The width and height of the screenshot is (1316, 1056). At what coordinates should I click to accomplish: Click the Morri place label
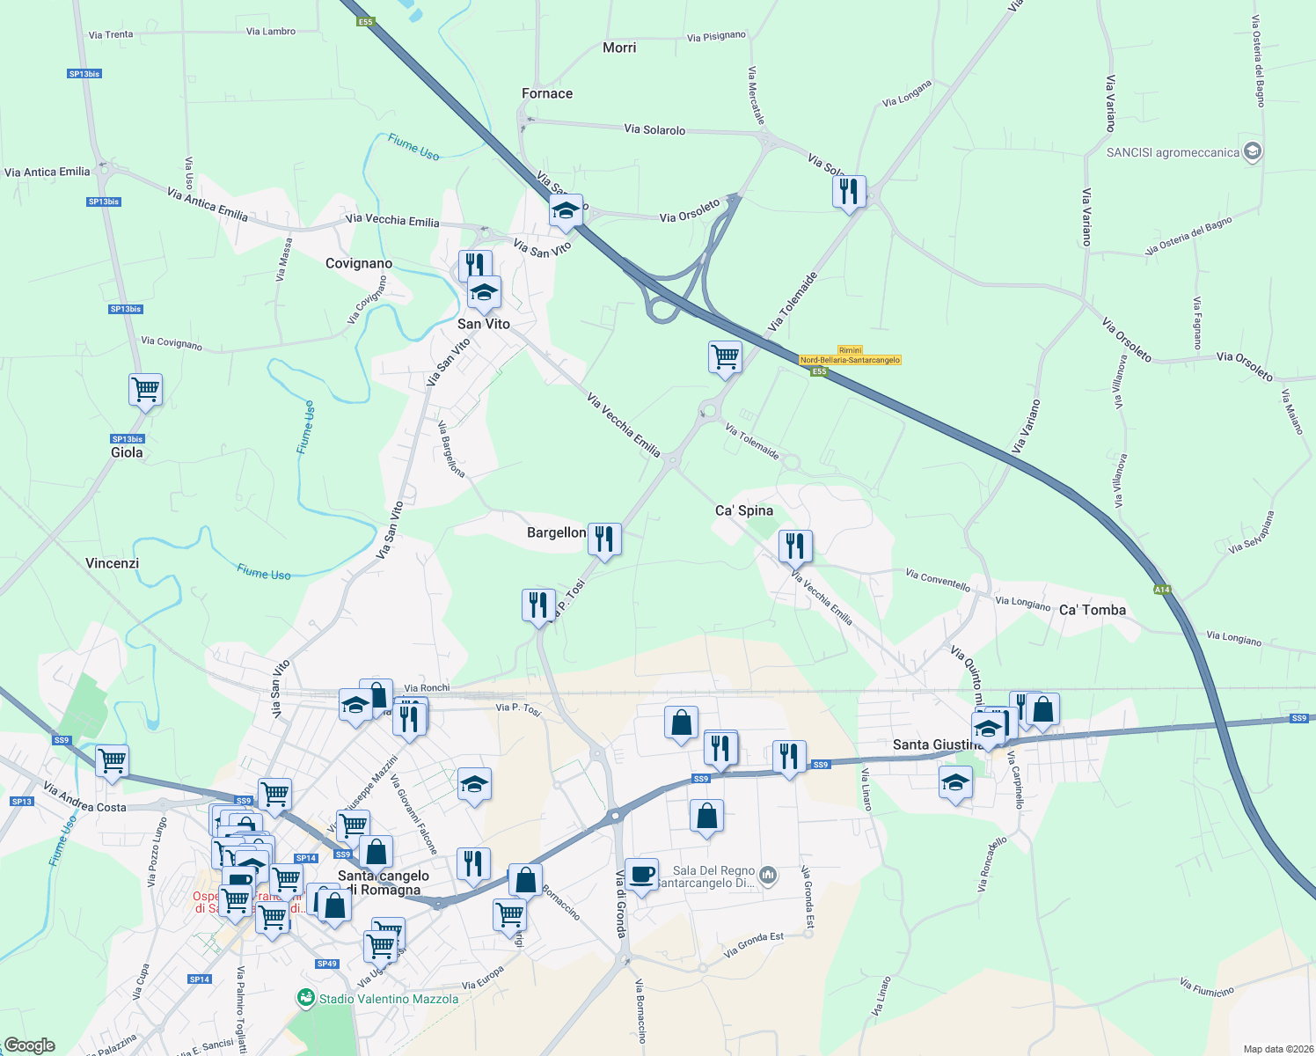pyautogui.click(x=619, y=48)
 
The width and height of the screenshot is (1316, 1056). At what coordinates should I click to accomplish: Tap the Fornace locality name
pyautogui.click(x=547, y=93)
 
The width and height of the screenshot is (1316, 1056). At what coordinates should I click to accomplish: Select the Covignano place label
pyautogui.click(x=359, y=263)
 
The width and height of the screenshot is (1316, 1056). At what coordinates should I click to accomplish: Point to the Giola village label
pyautogui.click(x=127, y=452)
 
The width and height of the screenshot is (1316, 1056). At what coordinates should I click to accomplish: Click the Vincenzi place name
pyautogui.click(x=113, y=563)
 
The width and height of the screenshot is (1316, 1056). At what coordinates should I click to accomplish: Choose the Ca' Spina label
pyautogui.click(x=744, y=510)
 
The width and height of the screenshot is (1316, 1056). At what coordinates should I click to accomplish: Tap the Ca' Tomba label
pyautogui.click(x=1093, y=610)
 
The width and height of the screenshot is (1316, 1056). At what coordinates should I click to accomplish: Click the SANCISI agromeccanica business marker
pyautogui.click(x=1254, y=151)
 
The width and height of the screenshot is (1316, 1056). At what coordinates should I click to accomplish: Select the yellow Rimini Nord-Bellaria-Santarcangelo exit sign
pyautogui.click(x=850, y=356)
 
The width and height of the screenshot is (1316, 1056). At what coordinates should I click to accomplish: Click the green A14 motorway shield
pyautogui.click(x=1163, y=590)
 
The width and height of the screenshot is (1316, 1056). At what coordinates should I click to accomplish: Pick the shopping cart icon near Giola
pyautogui.click(x=145, y=388)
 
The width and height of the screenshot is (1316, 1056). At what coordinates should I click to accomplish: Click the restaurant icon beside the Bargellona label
pyautogui.click(x=604, y=538)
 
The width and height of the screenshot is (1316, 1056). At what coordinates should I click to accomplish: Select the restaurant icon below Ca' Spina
pyautogui.click(x=795, y=546)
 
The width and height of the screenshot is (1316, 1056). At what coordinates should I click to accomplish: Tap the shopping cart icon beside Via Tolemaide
pyautogui.click(x=725, y=356)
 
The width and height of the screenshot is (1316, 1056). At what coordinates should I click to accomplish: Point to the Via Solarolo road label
pyautogui.click(x=654, y=129)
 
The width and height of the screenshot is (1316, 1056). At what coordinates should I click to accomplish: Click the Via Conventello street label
pyautogui.click(x=938, y=580)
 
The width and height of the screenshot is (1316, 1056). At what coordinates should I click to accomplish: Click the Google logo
pyautogui.click(x=29, y=1045)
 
